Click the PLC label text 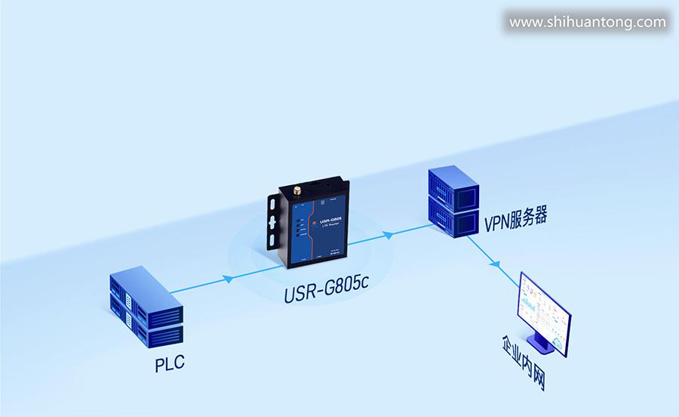[x=170, y=364]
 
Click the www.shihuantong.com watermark [x=588, y=22]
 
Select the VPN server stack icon [x=453, y=202]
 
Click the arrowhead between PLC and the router [x=228, y=279]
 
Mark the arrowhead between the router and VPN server [x=389, y=235]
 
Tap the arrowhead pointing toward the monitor [x=496, y=264]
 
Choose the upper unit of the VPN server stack [x=453, y=186]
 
